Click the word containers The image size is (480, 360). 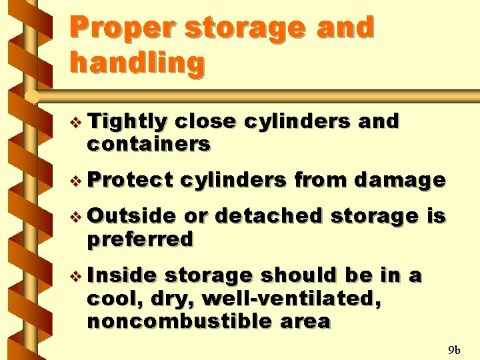coord(149,143)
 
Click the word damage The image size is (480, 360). coord(400,180)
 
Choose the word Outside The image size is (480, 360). coord(131,217)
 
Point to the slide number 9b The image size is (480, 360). coord(455,349)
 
